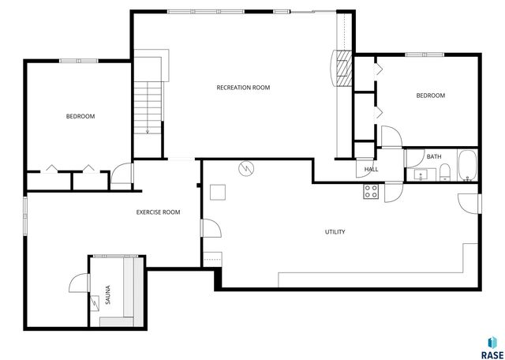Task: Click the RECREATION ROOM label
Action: pos(243,88)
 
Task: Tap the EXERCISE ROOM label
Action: pos(158,212)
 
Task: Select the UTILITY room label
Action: pos(335,232)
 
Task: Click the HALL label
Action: pos(371,169)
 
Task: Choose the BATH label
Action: pos(434,156)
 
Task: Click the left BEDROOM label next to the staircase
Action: pos(80,117)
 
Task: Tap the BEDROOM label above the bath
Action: pos(430,96)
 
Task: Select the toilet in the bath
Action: pos(444,172)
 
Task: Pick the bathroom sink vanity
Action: pos(419,174)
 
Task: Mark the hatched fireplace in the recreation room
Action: pos(344,69)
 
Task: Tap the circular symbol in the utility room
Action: pos(246,169)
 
